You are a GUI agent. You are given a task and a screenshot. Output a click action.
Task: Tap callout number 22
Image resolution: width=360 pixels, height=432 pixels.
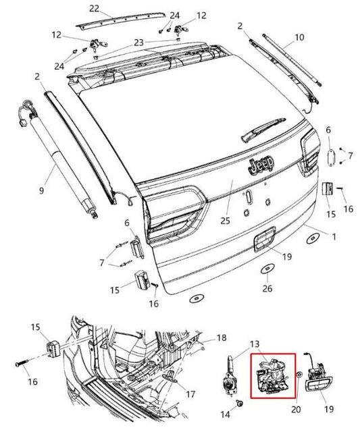tap(94, 8)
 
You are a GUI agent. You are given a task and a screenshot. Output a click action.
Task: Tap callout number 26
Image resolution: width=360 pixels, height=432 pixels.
tap(267, 289)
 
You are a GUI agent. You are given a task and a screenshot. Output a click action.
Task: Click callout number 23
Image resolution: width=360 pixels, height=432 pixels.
tap(138, 42)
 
